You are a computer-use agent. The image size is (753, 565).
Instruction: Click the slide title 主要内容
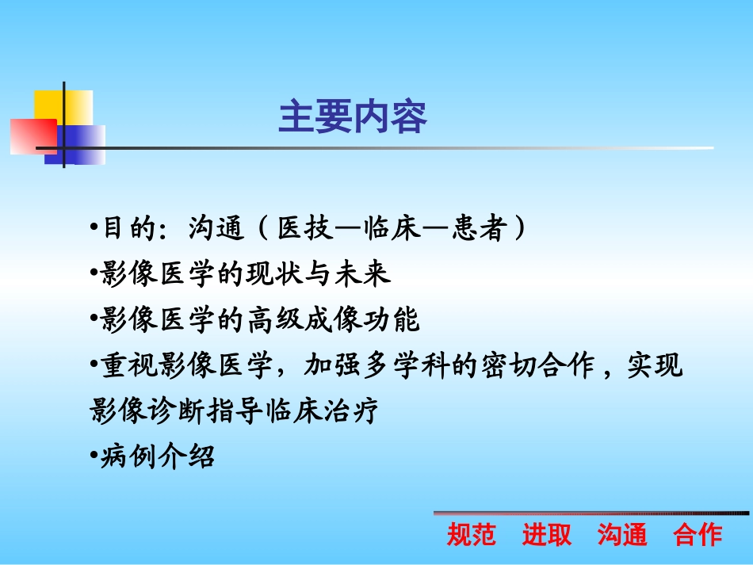353,117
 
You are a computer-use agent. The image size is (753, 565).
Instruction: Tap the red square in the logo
32,136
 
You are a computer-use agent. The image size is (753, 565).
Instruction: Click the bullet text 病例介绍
157,457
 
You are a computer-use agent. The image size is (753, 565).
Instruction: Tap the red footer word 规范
472,535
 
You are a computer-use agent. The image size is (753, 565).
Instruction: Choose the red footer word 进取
546,535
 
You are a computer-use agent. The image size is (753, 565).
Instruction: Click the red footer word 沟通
622,535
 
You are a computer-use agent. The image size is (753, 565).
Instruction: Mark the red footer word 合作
698,535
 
